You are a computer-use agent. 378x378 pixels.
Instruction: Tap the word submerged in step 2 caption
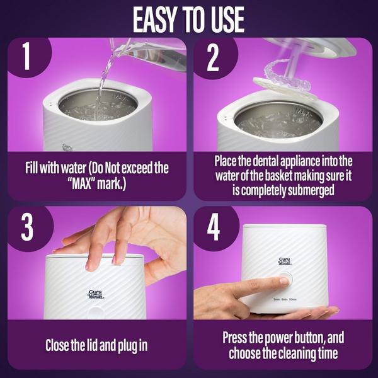point(313,189)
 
